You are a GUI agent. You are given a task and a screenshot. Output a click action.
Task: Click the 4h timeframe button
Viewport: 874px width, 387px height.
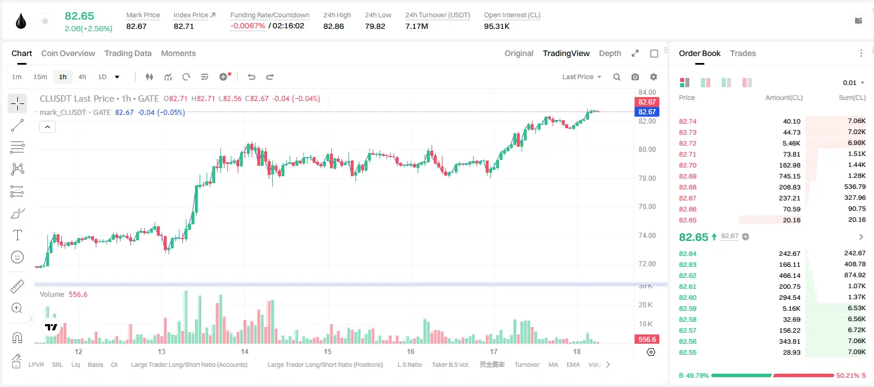click(82, 77)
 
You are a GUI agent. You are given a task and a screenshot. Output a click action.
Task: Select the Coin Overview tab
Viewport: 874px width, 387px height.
click(68, 53)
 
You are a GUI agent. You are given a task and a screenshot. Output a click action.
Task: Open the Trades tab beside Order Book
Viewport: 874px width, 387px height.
click(743, 53)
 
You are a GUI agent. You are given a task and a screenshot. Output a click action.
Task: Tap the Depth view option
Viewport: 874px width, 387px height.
click(610, 53)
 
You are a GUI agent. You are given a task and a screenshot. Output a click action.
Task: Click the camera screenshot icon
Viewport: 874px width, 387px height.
click(635, 77)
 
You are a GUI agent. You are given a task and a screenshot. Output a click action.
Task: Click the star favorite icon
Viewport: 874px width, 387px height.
click(45, 21)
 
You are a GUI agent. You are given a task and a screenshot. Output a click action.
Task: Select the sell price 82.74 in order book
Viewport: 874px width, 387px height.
click(688, 121)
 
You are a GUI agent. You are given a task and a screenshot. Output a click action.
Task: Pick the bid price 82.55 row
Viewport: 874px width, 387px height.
click(688, 352)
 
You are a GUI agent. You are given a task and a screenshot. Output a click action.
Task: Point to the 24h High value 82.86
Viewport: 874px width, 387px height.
click(333, 26)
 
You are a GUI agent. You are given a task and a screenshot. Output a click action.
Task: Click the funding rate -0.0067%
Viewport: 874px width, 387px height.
click(247, 26)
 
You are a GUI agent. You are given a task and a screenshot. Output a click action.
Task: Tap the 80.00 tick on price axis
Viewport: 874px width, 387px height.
click(647, 150)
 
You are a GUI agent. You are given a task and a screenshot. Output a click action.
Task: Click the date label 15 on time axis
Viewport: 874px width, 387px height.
click(327, 351)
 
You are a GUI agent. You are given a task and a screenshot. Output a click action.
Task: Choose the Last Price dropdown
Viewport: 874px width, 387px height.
click(582, 77)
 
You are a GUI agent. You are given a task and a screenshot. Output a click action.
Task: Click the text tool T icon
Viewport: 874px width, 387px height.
click(17, 235)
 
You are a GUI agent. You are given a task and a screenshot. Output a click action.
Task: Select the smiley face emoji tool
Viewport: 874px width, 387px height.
click(17, 257)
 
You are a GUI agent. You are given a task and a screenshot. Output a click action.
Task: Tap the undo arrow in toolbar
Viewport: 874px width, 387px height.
click(252, 77)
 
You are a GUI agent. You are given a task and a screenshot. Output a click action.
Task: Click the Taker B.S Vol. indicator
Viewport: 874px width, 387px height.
click(450, 364)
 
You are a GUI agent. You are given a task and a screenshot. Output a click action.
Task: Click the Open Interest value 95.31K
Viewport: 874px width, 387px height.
click(497, 26)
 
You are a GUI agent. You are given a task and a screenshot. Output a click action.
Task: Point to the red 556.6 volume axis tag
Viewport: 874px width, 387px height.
click(647, 340)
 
